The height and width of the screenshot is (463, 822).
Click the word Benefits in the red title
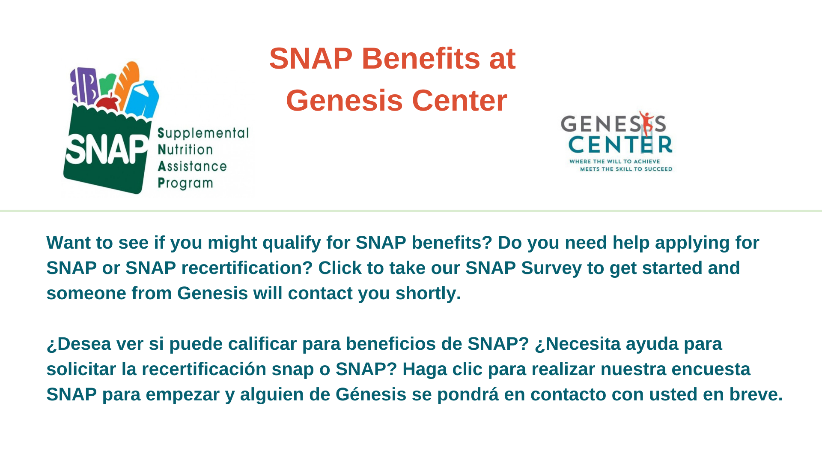pos(420,58)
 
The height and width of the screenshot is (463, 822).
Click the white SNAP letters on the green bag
pos(106,149)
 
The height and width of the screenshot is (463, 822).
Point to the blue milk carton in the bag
pos(144,99)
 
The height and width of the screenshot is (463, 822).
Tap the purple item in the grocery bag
pos(85,86)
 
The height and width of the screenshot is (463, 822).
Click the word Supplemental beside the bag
pos(203,133)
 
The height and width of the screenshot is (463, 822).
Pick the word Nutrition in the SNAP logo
pos(185,150)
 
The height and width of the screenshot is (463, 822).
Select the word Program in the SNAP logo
pos(185,183)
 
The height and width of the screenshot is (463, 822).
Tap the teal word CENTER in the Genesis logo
pos(620,145)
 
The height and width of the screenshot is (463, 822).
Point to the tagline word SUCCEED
pos(658,169)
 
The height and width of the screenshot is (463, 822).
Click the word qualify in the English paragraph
pos(291,243)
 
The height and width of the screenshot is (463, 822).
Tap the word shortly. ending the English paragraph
pos(428,294)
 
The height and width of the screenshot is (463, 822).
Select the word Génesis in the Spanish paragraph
pos(371,395)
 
